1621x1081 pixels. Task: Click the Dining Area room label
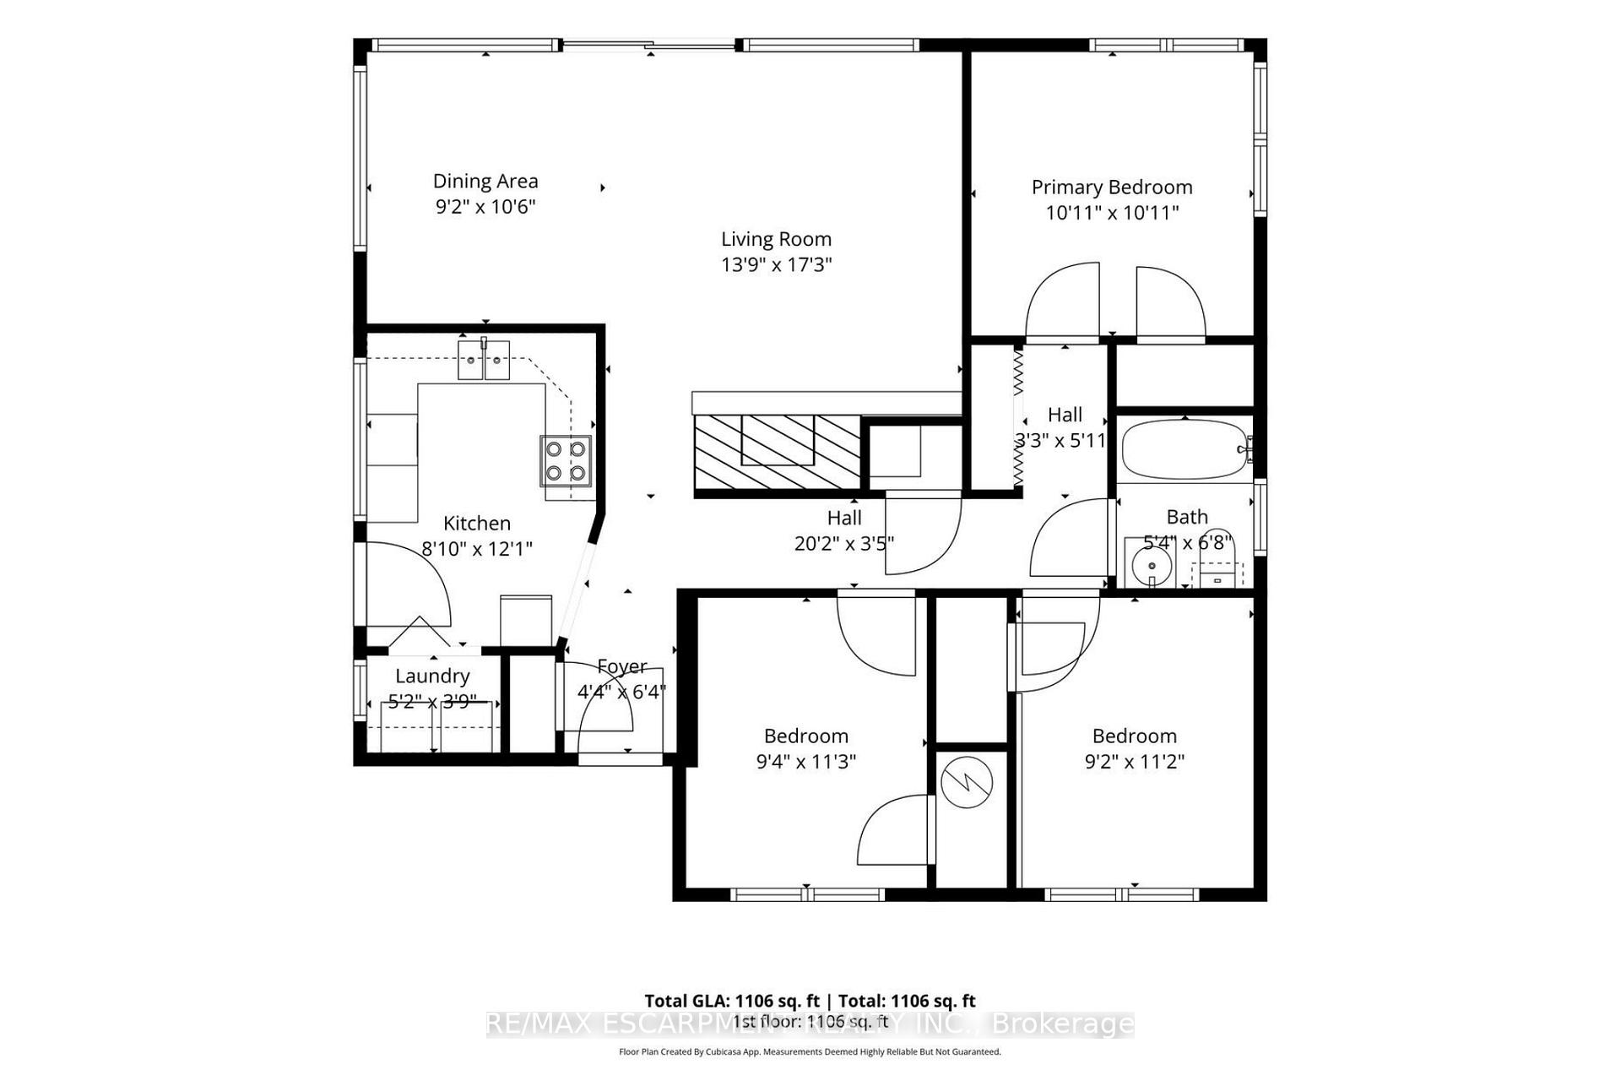tap(485, 181)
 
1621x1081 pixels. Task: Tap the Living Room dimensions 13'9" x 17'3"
tap(776, 264)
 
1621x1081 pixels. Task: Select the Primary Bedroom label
tap(1111, 187)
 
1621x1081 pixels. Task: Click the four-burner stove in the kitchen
tap(566, 460)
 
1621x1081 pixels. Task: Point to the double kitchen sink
tap(485, 361)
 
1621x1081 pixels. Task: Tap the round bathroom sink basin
tap(1152, 565)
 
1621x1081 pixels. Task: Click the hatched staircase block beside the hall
tap(777, 452)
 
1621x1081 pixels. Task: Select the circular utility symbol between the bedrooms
tap(966, 783)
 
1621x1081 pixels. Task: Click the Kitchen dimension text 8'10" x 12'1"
tap(477, 549)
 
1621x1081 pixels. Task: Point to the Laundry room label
tap(432, 676)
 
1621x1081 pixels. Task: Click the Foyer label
tap(621, 666)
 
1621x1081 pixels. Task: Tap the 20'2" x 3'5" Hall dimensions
tap(843, 543)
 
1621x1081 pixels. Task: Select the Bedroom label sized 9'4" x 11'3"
tap(805, 736)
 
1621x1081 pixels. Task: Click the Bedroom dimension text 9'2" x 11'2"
tap(1134, 761)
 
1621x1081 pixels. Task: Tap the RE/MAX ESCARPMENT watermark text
tap(809, 1024)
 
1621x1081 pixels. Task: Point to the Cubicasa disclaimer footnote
tap(809, 1052)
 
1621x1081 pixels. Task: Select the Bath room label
tap(1186, 517)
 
